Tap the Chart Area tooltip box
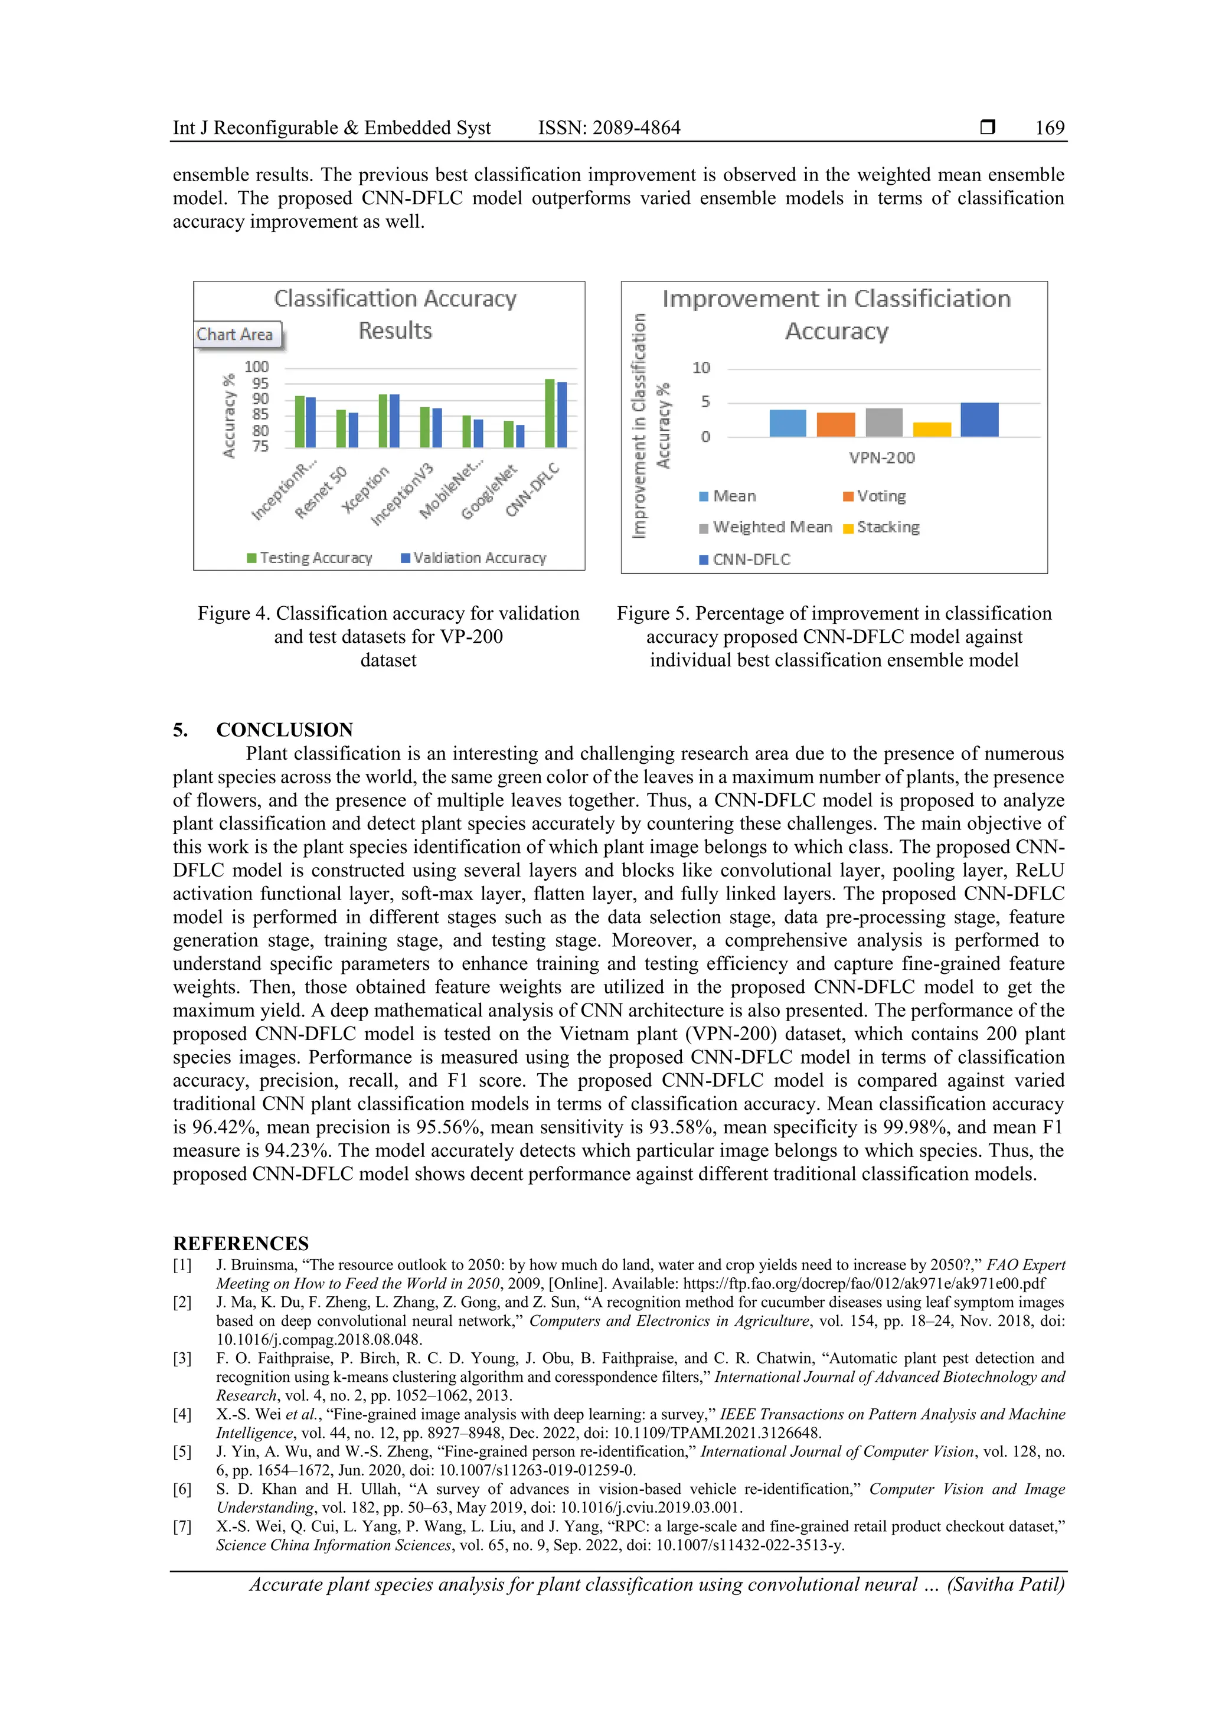point(236,335)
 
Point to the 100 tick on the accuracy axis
point(256,367)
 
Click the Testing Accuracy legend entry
point(310,558)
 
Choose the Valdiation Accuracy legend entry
point(474,558)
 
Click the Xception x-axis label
point(367,489)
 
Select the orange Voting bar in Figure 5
point(835,424)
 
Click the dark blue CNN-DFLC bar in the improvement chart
point(979,420)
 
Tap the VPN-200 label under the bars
point(881,458)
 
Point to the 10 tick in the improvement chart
point(701,368)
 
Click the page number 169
point(1049,128)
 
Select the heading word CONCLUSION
point(285,730)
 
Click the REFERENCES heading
point(241,1244)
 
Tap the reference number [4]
point(182,1414)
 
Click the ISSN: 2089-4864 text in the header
point(609,128)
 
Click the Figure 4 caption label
point(234,614)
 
